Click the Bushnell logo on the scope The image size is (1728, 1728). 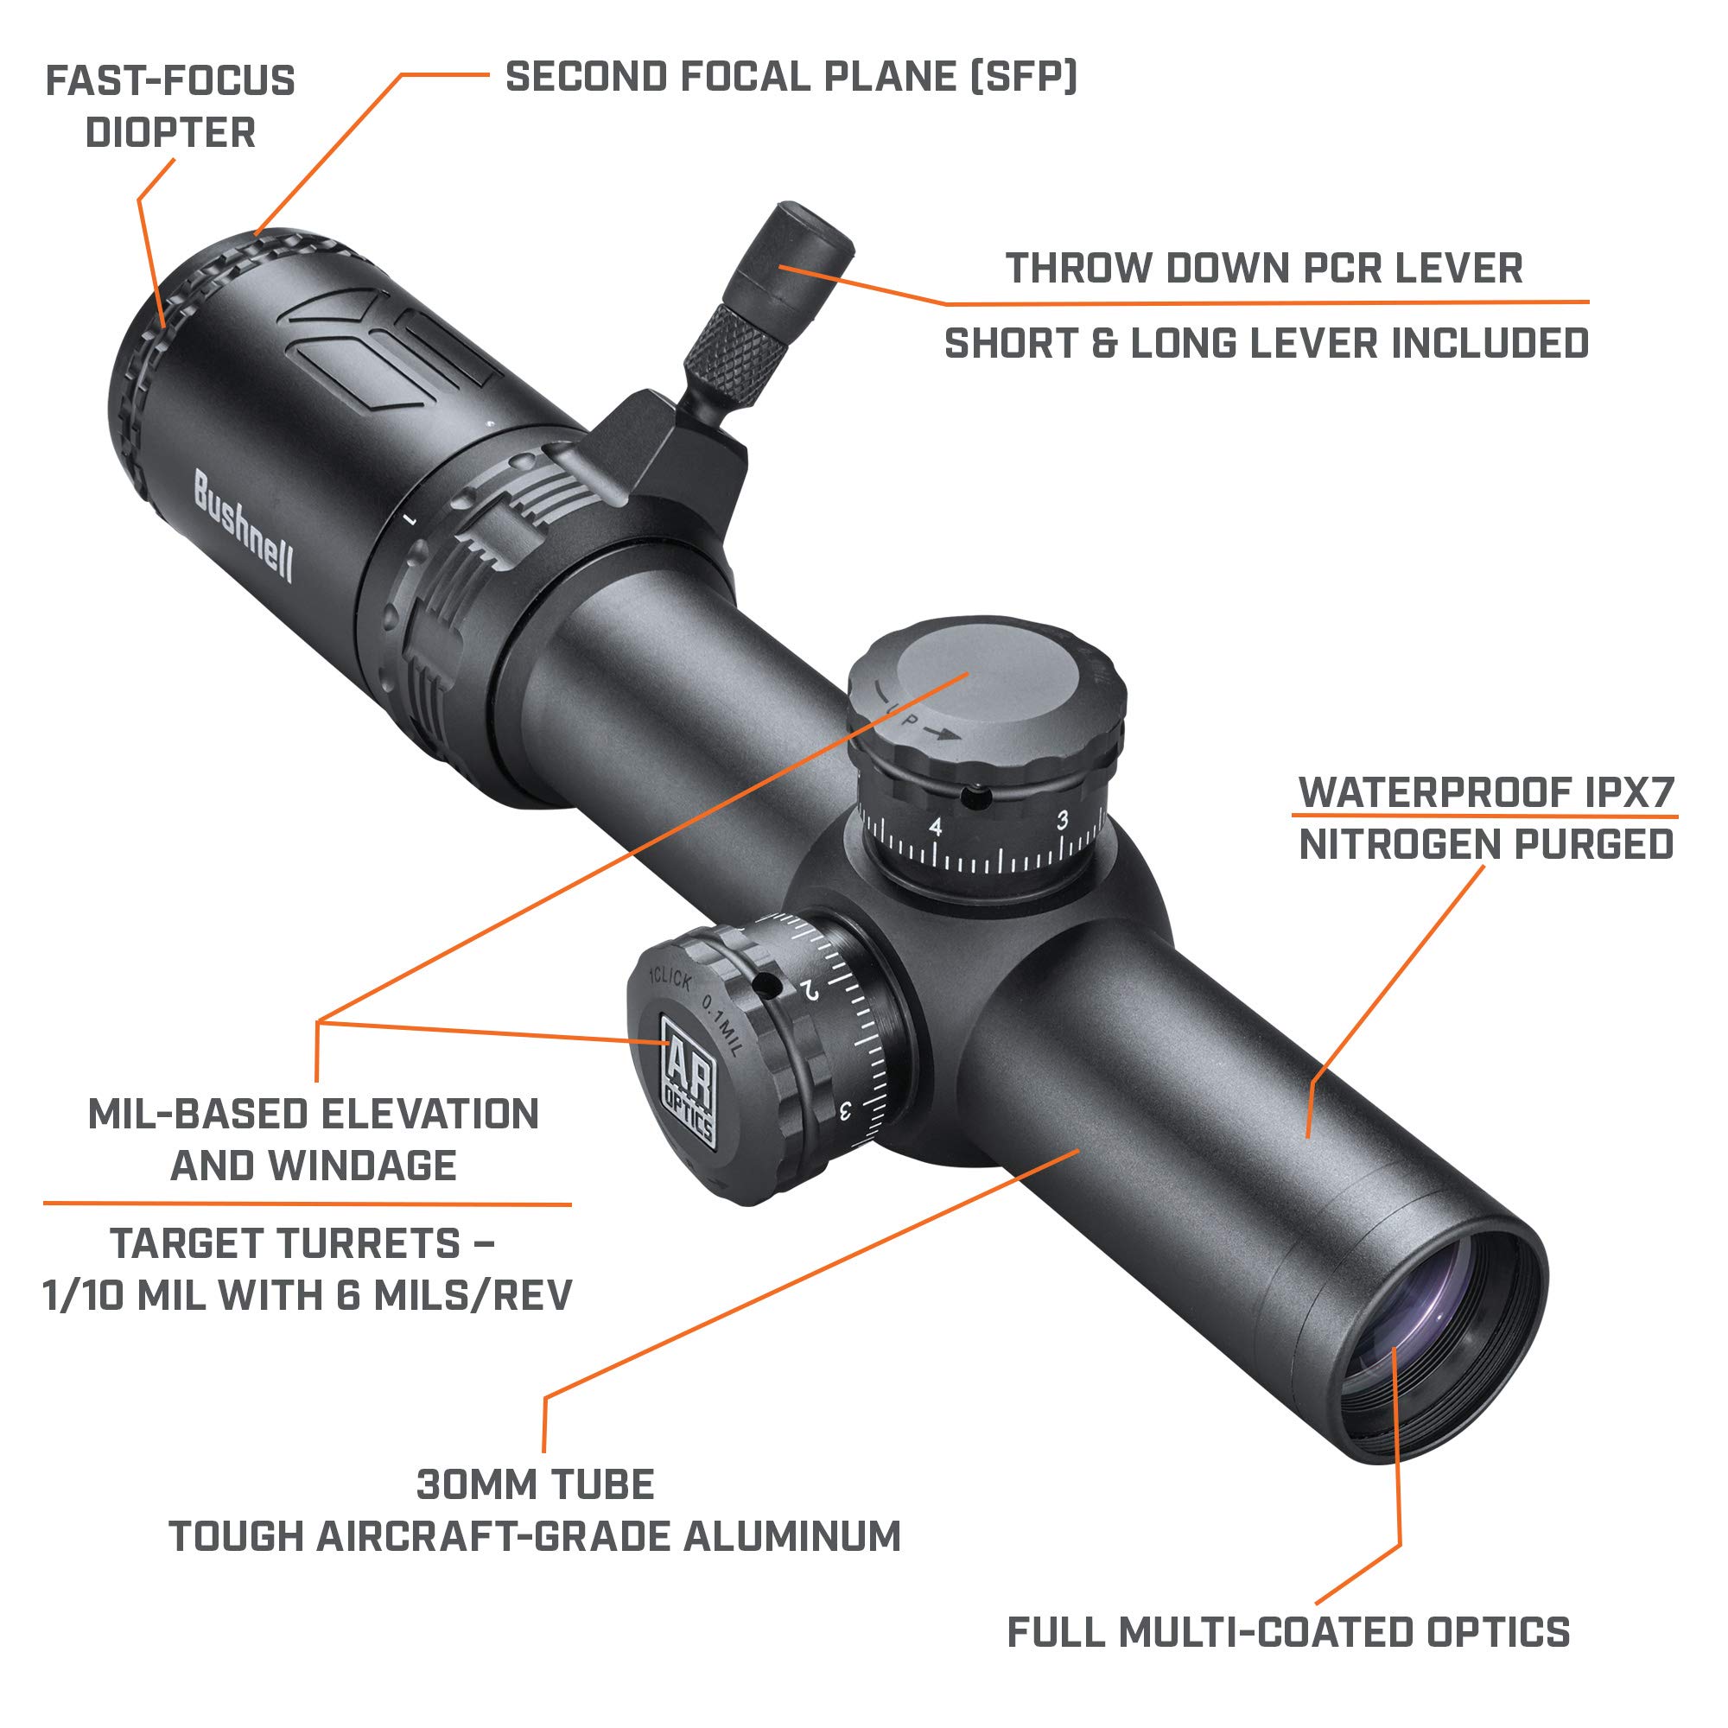[x=243, y=529]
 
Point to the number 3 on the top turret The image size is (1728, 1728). [x=1062, y=819]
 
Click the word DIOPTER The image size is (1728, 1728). [x=170, y=133]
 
